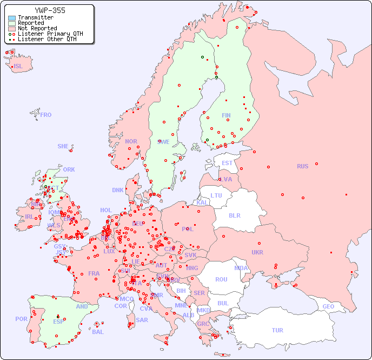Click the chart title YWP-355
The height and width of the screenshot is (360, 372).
click(50, 10)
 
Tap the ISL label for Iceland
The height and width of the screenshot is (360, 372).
click(18, 67)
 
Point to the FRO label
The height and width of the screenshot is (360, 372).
click(46, 115)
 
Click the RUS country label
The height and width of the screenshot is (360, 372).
click(302, 166)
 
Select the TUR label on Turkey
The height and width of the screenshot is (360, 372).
click(277, 330)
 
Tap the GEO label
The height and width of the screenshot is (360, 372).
click(328, 306)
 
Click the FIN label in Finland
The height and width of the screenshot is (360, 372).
click(226, 115)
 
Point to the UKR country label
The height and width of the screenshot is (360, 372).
click(257, 252)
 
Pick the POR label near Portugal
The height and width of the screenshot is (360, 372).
click(21, 319)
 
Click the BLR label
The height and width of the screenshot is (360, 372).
click(234, 215)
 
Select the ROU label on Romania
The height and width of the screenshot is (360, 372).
click(221, 279)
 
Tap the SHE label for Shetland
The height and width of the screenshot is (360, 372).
click(63, 146)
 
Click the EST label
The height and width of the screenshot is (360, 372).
click(227, 163)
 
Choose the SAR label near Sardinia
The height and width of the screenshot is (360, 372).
click(142, 320)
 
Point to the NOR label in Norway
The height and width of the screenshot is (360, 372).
click(131, 141)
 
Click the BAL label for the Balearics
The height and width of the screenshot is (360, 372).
click(97, 332)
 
